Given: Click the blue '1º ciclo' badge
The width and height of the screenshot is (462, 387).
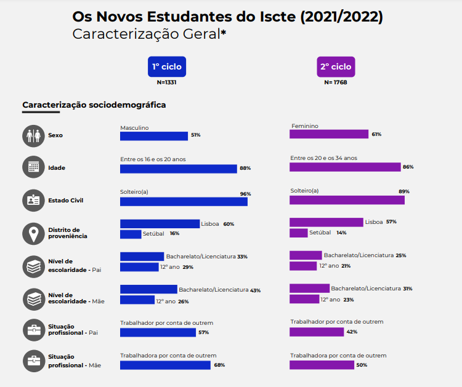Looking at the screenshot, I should (166, 66).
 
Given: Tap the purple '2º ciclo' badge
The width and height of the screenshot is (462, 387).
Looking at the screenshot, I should (336, 66).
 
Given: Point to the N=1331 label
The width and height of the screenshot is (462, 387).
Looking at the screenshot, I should (166, 82).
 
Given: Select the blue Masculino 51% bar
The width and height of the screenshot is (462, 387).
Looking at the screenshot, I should (153, 135).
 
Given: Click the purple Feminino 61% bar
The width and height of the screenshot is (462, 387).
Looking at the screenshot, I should (329, 135).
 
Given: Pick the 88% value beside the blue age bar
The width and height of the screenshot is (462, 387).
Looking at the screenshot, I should (245, 168).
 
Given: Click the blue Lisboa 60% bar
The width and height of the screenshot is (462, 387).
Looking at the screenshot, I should (160, 224).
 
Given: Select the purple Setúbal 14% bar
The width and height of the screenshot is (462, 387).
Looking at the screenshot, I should (299, 233).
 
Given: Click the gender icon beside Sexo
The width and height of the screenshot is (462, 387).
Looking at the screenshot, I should (33, 135).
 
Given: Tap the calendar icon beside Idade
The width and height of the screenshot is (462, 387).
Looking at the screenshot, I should (33, 167).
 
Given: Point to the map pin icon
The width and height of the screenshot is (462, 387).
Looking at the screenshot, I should (33, 233).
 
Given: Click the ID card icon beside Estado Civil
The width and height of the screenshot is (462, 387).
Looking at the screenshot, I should (33, 200).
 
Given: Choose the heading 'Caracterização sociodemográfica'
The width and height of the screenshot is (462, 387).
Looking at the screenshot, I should (94, 105).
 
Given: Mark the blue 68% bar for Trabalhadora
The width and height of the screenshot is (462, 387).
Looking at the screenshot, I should (166, 365).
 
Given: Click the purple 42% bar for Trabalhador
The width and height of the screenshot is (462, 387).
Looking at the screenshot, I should (317, 332).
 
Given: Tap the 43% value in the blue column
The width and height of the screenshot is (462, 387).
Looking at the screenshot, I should (256, 290).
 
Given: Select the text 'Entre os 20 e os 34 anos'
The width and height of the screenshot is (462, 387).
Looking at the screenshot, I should (323, 158).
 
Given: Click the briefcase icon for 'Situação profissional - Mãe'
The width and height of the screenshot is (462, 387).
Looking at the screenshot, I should (33, 361).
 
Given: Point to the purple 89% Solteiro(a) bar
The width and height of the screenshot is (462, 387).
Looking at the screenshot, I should (347, 200).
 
